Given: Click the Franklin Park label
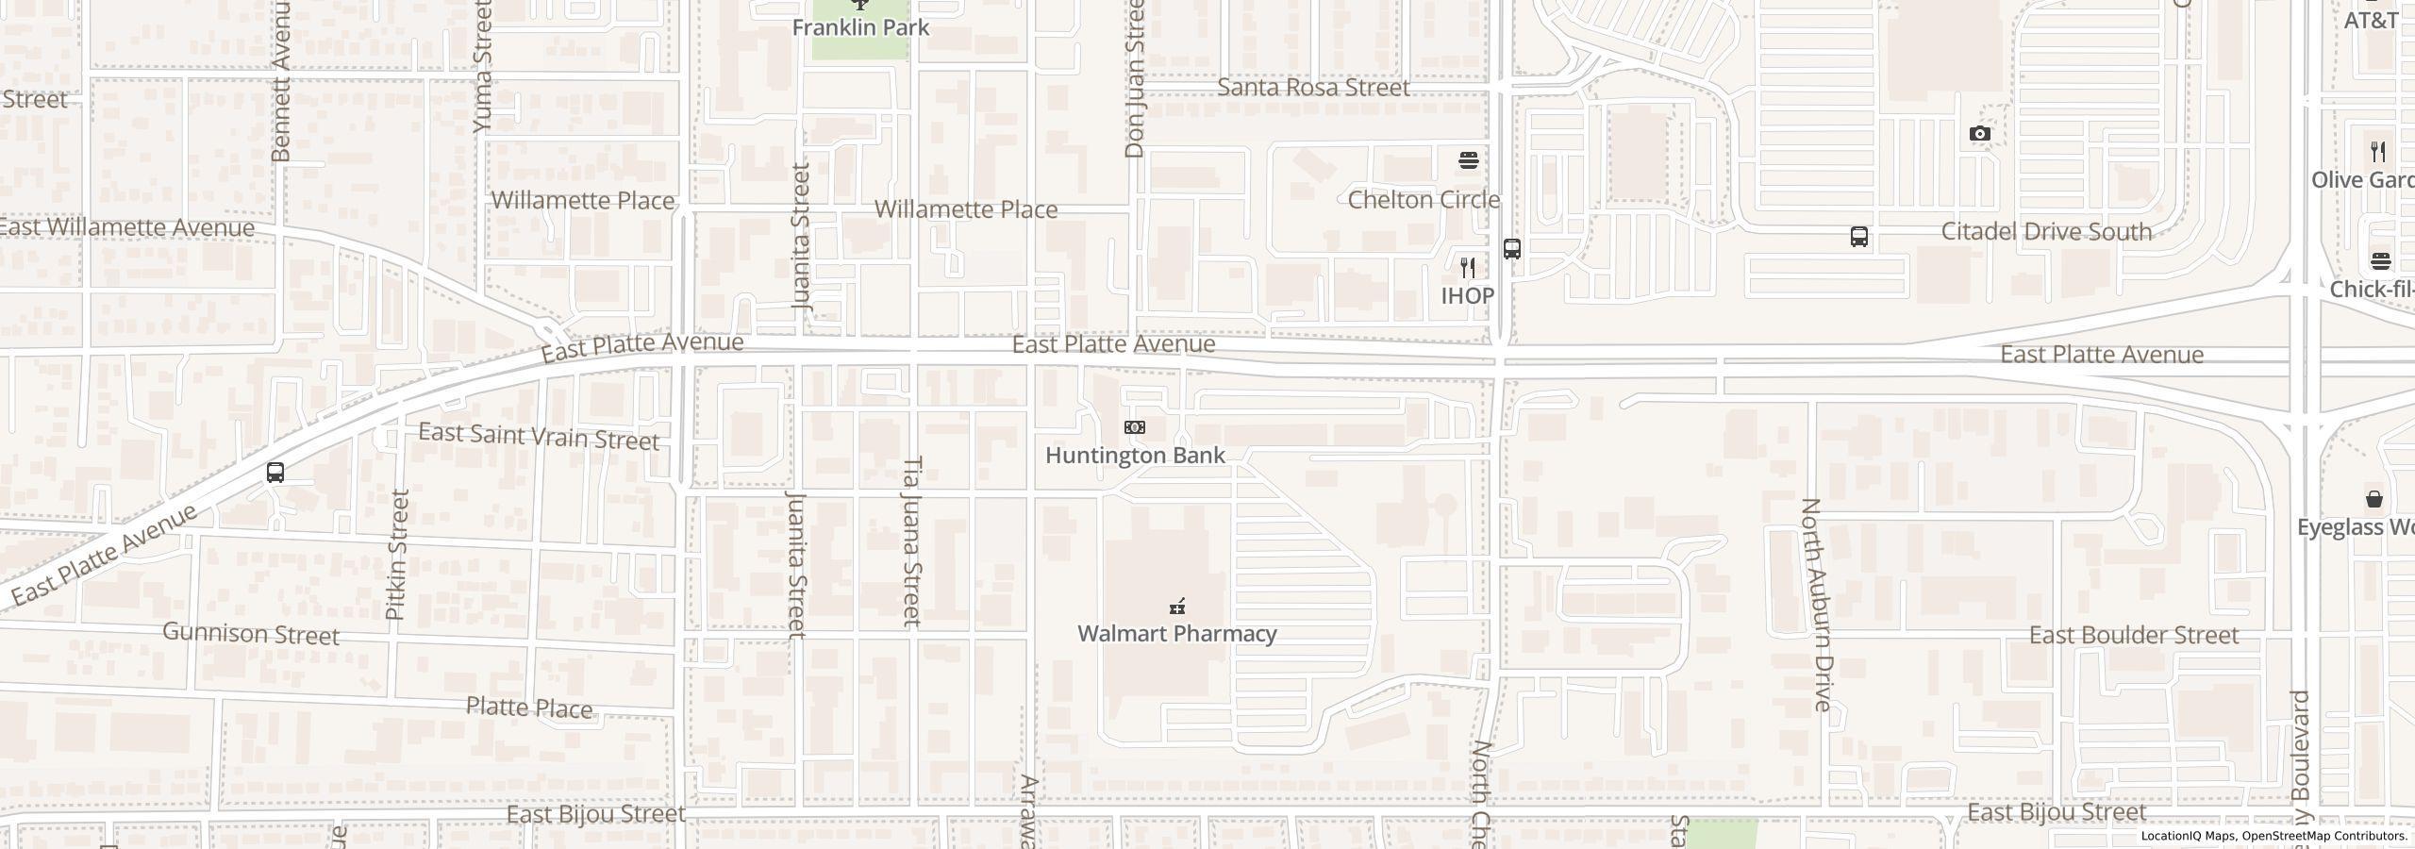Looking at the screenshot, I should [x=860, y=27].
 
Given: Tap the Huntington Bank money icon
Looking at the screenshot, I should [x=1135, y=427].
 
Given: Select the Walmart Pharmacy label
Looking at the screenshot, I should [x=1176, y=633].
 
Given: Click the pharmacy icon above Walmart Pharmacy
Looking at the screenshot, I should [x=1177, y=606].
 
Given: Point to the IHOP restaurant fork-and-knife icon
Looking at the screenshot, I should [x=1467, y=268].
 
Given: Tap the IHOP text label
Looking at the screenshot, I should [x=1467, y=295].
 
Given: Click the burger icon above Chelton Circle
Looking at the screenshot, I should [x=1468, y=160].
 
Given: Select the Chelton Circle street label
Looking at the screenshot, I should [x=1423, y=200].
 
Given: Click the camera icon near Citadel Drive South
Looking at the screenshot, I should [x=1980, y=134].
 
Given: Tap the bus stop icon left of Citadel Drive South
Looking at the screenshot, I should [x=1858, y=237].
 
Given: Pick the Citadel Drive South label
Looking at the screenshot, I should [x=2046, y=232].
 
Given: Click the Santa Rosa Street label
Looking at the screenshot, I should [x=1313, y=88].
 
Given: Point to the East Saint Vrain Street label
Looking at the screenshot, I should [x=539, y=437].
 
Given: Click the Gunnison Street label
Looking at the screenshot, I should [x=251, y=633].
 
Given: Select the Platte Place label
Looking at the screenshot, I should [x=529, y=707].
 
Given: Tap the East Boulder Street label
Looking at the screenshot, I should [x=2134, y=635].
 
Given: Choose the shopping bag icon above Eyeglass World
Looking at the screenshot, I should [x=2374, y=498].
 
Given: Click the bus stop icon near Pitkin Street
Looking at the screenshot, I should [x=275, y=473].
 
